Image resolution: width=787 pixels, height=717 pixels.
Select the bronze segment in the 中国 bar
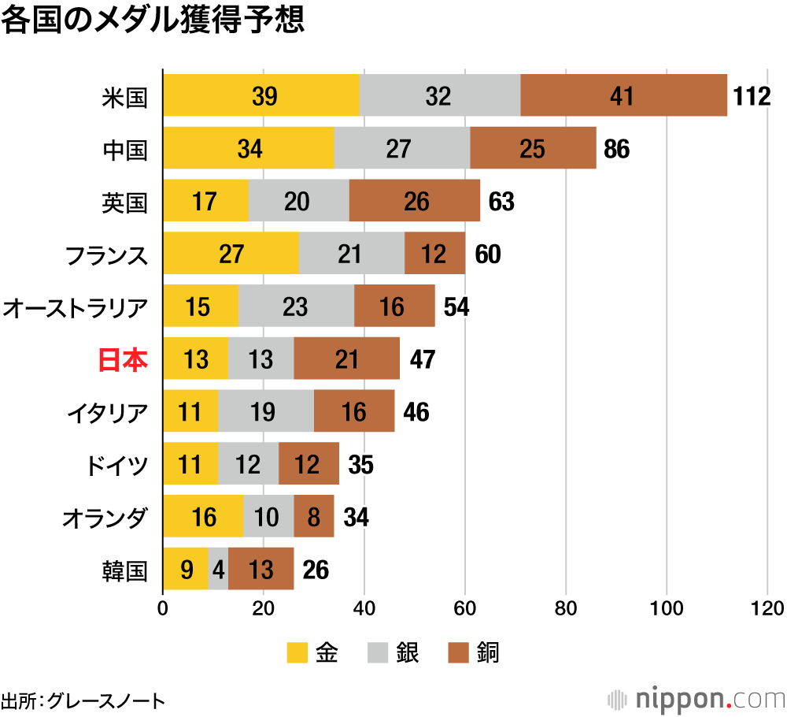pos(533,148)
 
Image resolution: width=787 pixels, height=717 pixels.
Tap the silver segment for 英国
pos(298,201)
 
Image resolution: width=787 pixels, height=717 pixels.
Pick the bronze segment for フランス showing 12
pos(434,254)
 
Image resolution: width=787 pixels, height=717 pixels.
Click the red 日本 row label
pos(123,359)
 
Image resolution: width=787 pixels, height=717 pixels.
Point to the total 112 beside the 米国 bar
pos(751,96)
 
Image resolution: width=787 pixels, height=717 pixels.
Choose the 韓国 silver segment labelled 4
pos(218,569)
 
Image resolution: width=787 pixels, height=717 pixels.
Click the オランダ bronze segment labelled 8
pos(313,517)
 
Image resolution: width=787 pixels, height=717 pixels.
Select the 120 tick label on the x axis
pos(767,608)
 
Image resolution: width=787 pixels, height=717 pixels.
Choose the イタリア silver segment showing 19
pos(265,411)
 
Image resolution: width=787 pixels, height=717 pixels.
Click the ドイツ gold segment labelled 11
pos(190,464)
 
